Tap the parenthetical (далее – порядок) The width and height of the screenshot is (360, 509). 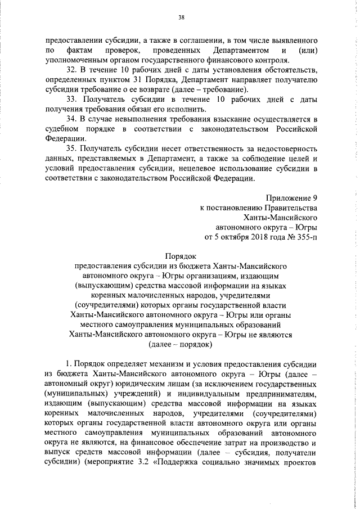coord(179,344)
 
